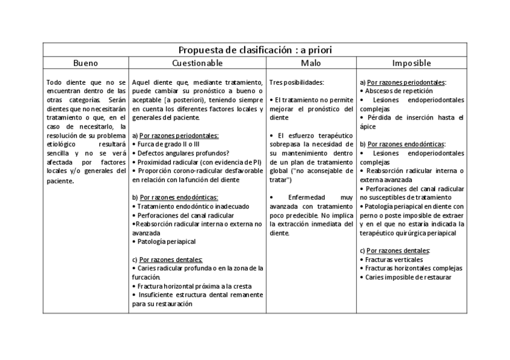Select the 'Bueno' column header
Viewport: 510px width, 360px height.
point(85,63)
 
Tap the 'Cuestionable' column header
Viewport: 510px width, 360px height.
point(197,63)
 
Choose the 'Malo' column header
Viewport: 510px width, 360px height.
point(311,63)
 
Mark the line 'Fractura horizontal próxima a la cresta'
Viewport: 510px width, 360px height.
point(191,286)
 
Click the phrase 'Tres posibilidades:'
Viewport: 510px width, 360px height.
point(296,82)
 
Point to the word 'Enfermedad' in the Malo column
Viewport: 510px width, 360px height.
point(307,197)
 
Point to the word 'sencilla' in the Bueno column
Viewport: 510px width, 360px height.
point(58,153)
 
